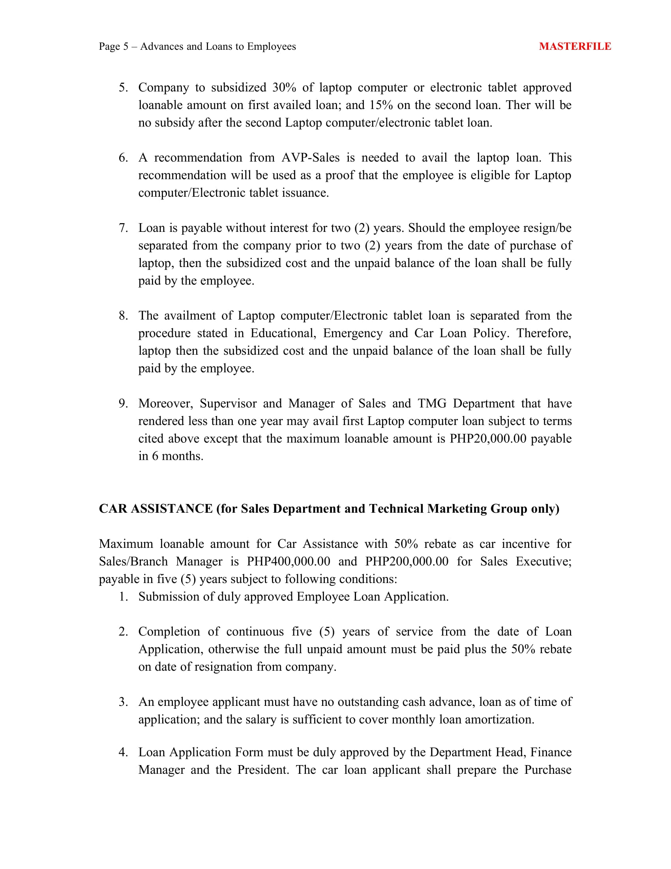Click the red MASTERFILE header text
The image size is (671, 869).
(x=575, y=47)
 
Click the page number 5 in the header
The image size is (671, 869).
(x=126, y=47)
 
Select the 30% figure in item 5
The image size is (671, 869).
(x=284, y=88)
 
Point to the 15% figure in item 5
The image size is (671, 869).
(x=381, y=105)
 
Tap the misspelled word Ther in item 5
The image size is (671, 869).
(x=518, y=105)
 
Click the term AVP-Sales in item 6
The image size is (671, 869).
(x=311, y=158)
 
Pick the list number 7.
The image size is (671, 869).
(x=123, y=228)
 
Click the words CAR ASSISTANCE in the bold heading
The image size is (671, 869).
(x=156, y=509)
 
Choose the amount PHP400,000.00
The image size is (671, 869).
(x=288, y=561)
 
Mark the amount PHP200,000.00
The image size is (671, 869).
(x=407, y=561)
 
